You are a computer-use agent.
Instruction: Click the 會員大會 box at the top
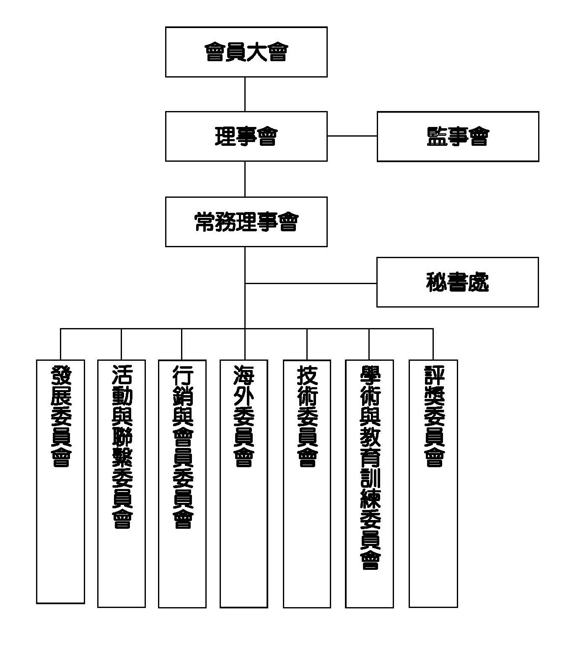click(x=246, y=52)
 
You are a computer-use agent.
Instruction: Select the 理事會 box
click(x=246, y=136)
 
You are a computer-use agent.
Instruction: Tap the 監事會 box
click(x=458, y=136)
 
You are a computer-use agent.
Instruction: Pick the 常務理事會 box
click(x=246, y=222)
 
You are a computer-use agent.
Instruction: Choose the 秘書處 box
click(x=457, y=282)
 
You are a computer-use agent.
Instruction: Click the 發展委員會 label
click(x=61, y=416)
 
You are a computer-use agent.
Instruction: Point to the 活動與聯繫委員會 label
click(x=122, y=447)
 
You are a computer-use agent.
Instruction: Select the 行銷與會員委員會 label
click(x=182, y=447)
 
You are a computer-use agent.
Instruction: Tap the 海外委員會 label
click(x=244, y=416)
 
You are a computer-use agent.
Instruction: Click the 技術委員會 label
click(x=307, y=416)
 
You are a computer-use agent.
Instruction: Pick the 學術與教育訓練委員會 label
click(x=369, y=467)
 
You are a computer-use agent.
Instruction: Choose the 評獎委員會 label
click(x=433, y=416)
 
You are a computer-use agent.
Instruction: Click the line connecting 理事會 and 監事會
click(x=352, y=136)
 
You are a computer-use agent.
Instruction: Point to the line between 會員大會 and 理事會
click(x=245, y=94)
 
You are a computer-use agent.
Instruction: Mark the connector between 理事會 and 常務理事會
click(x=245, y=179)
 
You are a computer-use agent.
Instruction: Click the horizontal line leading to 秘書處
click(x=311, y=283)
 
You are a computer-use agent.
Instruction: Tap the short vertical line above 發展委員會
click(x=61, y=344)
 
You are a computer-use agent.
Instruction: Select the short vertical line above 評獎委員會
click(x=433, y=344)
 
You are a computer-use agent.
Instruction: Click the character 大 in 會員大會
click(x=256, y=52)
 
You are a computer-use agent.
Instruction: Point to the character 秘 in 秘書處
click(x=436, y=282)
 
